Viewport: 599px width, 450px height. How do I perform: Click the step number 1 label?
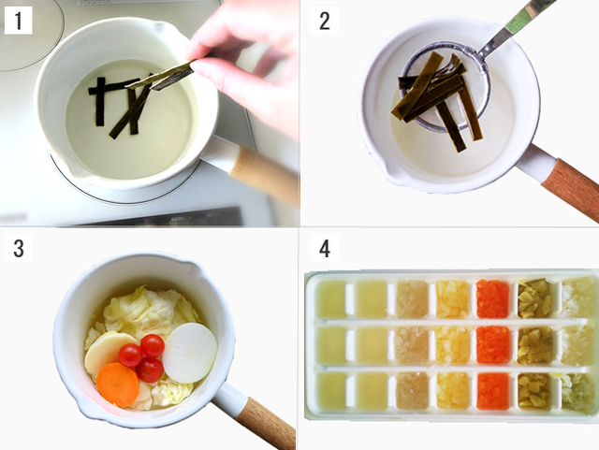pyautogui.click(x=18, y=21)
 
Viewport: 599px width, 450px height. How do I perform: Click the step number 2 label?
pyautogui.click(x=324, y=21)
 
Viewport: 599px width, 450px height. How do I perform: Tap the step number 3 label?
pyautogui.click(x=18, y=248)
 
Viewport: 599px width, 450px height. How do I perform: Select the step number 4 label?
pyautogui.click(x=324, y=248)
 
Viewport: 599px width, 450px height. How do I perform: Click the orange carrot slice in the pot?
pyautogui.click(x=118, y=385)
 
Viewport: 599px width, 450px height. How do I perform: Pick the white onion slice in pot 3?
pyautogui.click(x=189, y=353)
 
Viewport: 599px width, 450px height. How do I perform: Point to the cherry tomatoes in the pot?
pyautogui.click(x=141, y=358)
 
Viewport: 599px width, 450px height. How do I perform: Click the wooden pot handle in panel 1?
pyautogui.click(x=264, y=174)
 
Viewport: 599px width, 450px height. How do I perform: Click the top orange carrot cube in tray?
pyautogui.click(x=493, y=299)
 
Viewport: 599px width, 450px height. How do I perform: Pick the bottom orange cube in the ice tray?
pyautogui.click(x=493, y=391)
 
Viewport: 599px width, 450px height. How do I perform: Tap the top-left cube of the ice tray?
pyautogui.click(x=330, y=299)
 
